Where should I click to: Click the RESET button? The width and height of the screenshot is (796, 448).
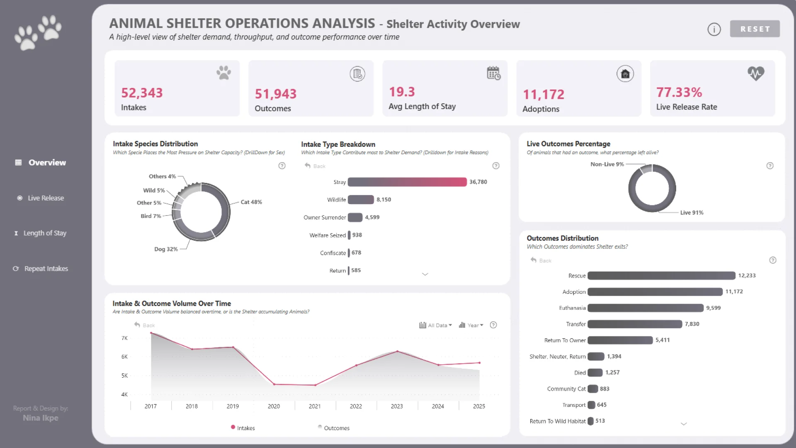coord(755,29)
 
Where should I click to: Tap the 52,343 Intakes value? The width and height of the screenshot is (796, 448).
coord(142,93)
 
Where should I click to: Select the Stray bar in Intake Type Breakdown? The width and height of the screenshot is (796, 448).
coord(407,182)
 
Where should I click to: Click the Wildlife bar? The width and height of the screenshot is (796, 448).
coord(361,200)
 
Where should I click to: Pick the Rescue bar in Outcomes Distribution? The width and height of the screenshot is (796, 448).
coord(661,275)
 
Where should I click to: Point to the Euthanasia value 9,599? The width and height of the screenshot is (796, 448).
coord(713,308)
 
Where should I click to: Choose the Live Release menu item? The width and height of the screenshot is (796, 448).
coord(46,198)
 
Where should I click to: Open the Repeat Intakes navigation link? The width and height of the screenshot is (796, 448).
coord(46,268)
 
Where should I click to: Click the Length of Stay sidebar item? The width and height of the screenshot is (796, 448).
coord(45,233)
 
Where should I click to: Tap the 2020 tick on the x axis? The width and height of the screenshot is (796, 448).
coord(274,406)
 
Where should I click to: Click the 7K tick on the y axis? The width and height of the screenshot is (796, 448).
coord(124,338)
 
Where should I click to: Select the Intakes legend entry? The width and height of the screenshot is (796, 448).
coord(245,428)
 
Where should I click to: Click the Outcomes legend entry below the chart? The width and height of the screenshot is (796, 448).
coord(336,428)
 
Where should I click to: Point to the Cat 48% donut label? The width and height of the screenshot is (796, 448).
coord(251,202)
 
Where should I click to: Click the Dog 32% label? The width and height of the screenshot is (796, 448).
coord(166,249)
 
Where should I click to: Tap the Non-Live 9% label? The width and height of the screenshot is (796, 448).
coord(607,164)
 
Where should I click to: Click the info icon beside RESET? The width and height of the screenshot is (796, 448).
coord(714,29)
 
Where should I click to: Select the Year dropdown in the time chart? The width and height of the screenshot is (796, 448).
coord(471,325)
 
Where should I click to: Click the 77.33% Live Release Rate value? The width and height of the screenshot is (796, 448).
coord(679,92)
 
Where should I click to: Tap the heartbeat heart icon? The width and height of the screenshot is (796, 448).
coord(756,73)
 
